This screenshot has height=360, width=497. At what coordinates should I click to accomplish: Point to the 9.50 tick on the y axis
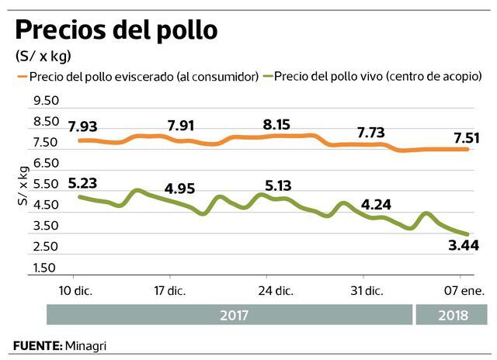[x=46, y=101]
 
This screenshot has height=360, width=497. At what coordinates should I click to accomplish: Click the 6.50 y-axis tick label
[x=46, y=164]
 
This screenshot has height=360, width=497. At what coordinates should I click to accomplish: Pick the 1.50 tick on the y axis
[x=46, y=268]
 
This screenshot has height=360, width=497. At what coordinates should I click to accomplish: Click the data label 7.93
[x=83, y=126]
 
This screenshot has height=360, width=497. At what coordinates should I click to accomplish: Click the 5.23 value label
[x=83, y=184]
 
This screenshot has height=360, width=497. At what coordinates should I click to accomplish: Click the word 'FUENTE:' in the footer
[x=37, y=344]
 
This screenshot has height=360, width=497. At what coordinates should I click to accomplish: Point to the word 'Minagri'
[x=85, y=344]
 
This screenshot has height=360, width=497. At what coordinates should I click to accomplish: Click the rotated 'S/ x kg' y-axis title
[x=23, y=186]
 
